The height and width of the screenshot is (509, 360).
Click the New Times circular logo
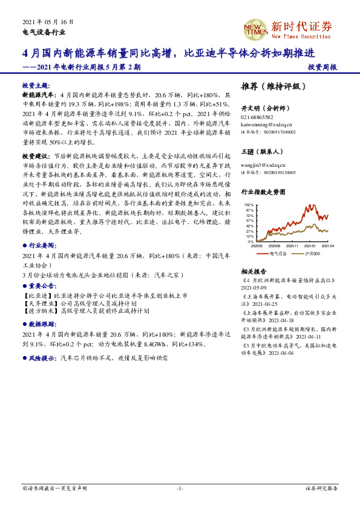[255, 27]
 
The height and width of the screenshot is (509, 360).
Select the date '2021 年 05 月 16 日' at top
[47, 21]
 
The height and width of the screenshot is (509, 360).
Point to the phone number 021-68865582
[257, 117]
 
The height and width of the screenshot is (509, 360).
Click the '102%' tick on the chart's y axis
[249, 205]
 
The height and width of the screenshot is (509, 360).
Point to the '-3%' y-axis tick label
[250, 241]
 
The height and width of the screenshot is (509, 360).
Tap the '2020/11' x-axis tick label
[293, 245]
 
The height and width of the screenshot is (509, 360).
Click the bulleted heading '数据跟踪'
[40, 324]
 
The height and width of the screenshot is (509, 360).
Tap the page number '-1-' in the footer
[180, 488]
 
